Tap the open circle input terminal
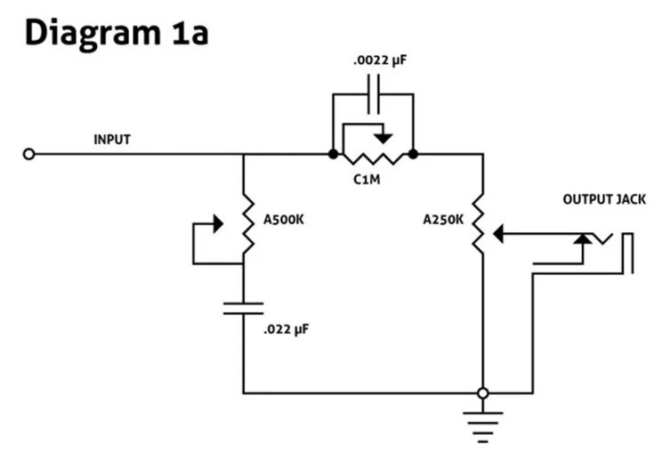pyautogui.click(x=28, y=154)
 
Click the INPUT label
pyautogui.click(x=112, y=140)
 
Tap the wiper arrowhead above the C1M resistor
pyautogui.click(x=383, y=138)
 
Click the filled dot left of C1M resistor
pyautogui.click(x=333, y=154)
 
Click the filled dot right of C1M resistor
pyautogui.click(x=414, y=154)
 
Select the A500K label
pyautogui.click(x=284, y=219)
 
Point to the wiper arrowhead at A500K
pyautogui.click(x=218, y=222)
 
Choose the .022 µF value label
pyautogui.click(x=287, y=330)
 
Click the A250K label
pyautogui.click(x=443, y=219)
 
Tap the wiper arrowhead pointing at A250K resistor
pyautogui.click(x=498, y=233)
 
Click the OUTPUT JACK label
pyautogui.click(x=603, y=199)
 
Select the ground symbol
pyautogui.click(x=482, y=424)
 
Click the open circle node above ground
pyautogui.click(x=482, y=392)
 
